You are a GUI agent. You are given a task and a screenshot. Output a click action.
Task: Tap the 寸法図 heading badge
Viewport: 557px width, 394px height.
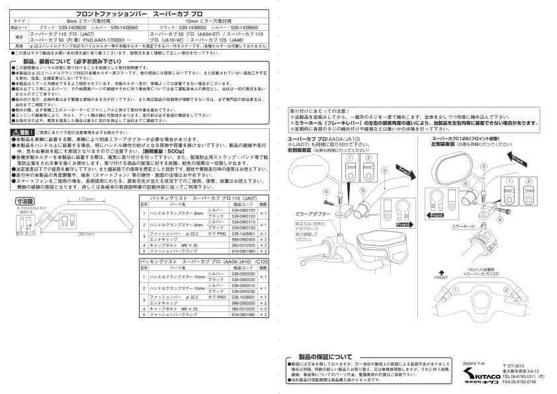[x=25, y=200]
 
